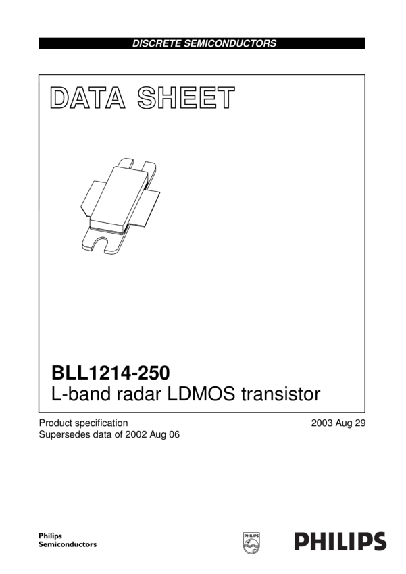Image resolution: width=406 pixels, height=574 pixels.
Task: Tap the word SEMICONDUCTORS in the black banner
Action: [234, 43]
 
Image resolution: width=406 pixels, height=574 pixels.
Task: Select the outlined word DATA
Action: [87, 99]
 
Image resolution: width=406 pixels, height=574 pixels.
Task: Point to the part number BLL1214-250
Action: [111, 373]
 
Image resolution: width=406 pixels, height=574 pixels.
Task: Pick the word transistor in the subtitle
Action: [284, 394]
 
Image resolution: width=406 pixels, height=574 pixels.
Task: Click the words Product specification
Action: [83, 423]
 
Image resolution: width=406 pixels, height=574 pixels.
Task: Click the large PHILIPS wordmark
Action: [340, 541]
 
